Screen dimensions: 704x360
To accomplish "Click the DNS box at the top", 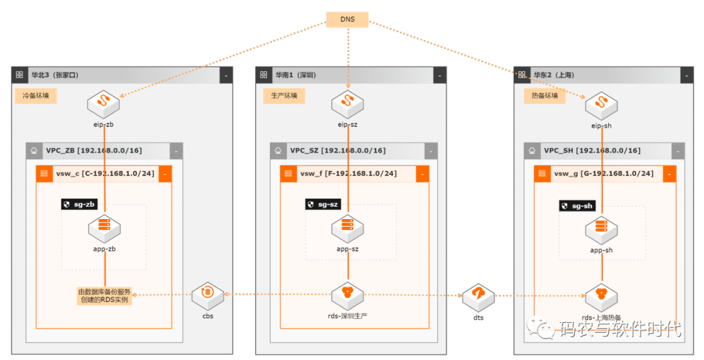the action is tap(347, 20).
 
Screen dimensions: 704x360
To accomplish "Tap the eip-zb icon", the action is tap(103, 105).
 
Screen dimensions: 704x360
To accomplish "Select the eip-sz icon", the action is tap(347, 105).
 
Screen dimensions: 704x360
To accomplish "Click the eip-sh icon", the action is tap(601, 106).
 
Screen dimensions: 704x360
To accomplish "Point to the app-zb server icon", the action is tap(104, 229).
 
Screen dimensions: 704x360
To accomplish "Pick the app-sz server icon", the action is tap(347, 229).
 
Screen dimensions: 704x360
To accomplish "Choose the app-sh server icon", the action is tap(601, 230).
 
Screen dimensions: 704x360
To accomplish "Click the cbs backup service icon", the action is tap(207, 296).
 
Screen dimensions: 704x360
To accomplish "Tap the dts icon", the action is tap(478, 297).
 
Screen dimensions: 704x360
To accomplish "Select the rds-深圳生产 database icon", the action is tap(347, 296).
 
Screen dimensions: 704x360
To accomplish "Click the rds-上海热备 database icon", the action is tap(601, 297).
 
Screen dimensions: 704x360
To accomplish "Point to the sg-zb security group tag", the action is tap(80, 205).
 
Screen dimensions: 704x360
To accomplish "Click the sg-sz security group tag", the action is tap(323, 205).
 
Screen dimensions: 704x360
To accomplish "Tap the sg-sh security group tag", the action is tap(578, 206).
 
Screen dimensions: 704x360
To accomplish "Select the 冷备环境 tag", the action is tap(36, 96).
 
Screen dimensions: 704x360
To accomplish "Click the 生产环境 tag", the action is tap(284, 96).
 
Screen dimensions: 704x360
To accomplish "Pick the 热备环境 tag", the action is tap(544, 96).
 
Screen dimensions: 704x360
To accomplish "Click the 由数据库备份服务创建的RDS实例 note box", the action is tap(104, 295).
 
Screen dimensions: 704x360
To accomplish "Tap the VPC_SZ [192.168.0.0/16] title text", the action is tap(338, 151).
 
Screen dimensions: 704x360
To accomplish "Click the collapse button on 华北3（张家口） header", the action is tap(226, 76).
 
